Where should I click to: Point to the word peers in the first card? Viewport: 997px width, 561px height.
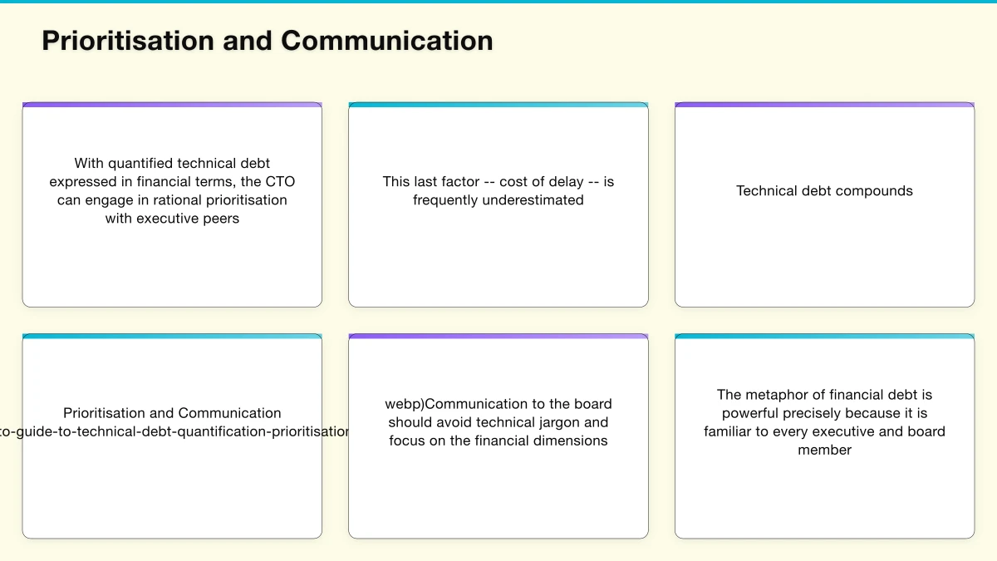click(x=220, y=219)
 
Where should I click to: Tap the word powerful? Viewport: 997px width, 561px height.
click(x=754, y=414)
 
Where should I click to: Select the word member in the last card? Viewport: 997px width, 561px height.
click(x=825, y=450)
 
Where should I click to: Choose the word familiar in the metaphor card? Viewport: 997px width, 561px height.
click(x=736, y=432)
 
